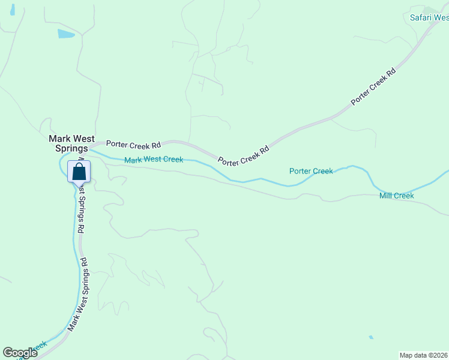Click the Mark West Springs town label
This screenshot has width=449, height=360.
pyautogui.click(x=68, y=143)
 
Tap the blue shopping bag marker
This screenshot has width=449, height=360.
pyautogui.click(x=79, y=172)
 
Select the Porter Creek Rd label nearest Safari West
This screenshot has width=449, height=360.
pyautogui.click(x=373, y=86)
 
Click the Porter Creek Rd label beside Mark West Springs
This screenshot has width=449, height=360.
pyautogui.click(x=133, y=145)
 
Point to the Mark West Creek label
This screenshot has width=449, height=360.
pyautogui.click(x=153, y=160)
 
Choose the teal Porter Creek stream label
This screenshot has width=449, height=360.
pyautogui.click(x=310, y=171)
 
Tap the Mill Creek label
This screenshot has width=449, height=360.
pyautogui.click(x=396, y=196)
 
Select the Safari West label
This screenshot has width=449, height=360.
pyautogui.click(x=429, y=17)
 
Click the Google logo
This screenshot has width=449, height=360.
pyautogui.click(x=20, y=353)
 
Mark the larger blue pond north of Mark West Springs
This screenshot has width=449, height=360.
pyautogui.click(x=66, y=34)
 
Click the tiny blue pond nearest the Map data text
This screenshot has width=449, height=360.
pyautogui.click(x=370, y=337)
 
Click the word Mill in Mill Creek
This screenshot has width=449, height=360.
pyautogui.click(x=385, y=196)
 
